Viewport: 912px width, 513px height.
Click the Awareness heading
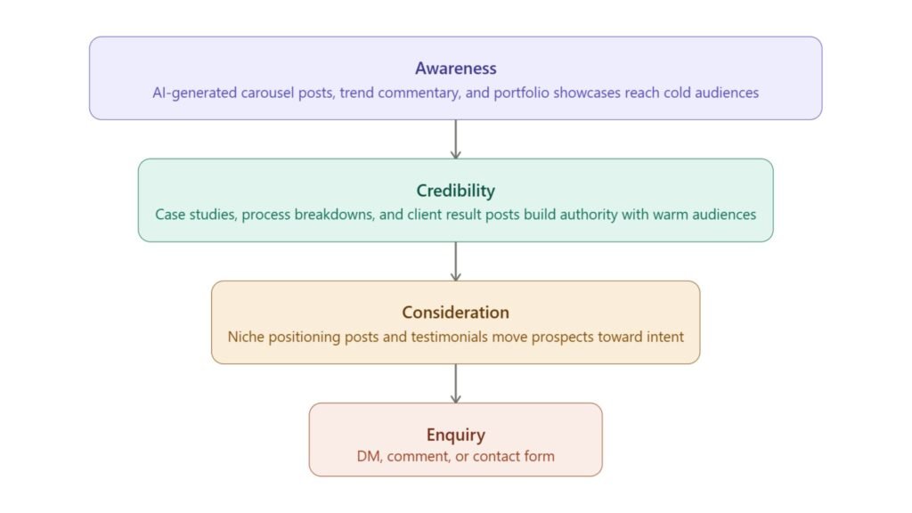[455, 69]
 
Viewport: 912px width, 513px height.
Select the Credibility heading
[455, 191]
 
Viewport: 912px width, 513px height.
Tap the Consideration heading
[455, 313]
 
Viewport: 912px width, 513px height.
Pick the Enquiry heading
[455, 435]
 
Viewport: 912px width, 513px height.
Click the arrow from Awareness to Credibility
[455, 139]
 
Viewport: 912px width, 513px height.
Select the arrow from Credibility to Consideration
[455, 261]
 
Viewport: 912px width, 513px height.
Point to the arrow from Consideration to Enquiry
[455, 383]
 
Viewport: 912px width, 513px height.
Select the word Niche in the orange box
[246, 336]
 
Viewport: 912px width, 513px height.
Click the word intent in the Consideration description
[664, 336]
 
